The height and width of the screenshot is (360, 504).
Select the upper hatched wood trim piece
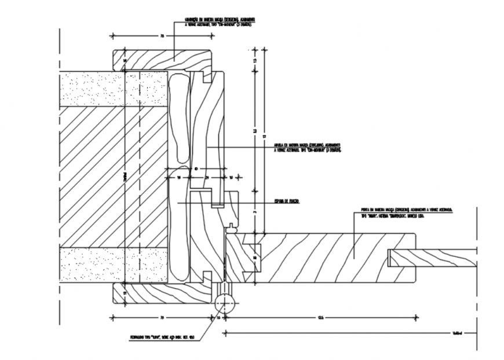[x=162, y=59]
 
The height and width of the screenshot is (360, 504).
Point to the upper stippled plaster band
[x=113, y=89]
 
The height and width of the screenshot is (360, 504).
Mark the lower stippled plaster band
[x=113, y=265]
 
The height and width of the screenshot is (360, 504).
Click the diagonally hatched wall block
[x=113, y=177]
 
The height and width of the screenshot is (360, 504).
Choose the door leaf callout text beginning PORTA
[x=406, y=211]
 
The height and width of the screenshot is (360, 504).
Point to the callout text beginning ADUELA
[x=307, y=147]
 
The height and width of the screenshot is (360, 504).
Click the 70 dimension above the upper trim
[x=162, y=36]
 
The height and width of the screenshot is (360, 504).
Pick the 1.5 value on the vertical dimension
[x=254, y=60]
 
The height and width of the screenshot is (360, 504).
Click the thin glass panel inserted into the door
[x=432, y=258]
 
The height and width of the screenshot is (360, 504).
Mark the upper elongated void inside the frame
[x=180, y=119]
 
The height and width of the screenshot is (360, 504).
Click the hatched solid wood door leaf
[x=330, y=258]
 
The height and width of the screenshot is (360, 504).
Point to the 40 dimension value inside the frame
[x=196, y=169]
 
